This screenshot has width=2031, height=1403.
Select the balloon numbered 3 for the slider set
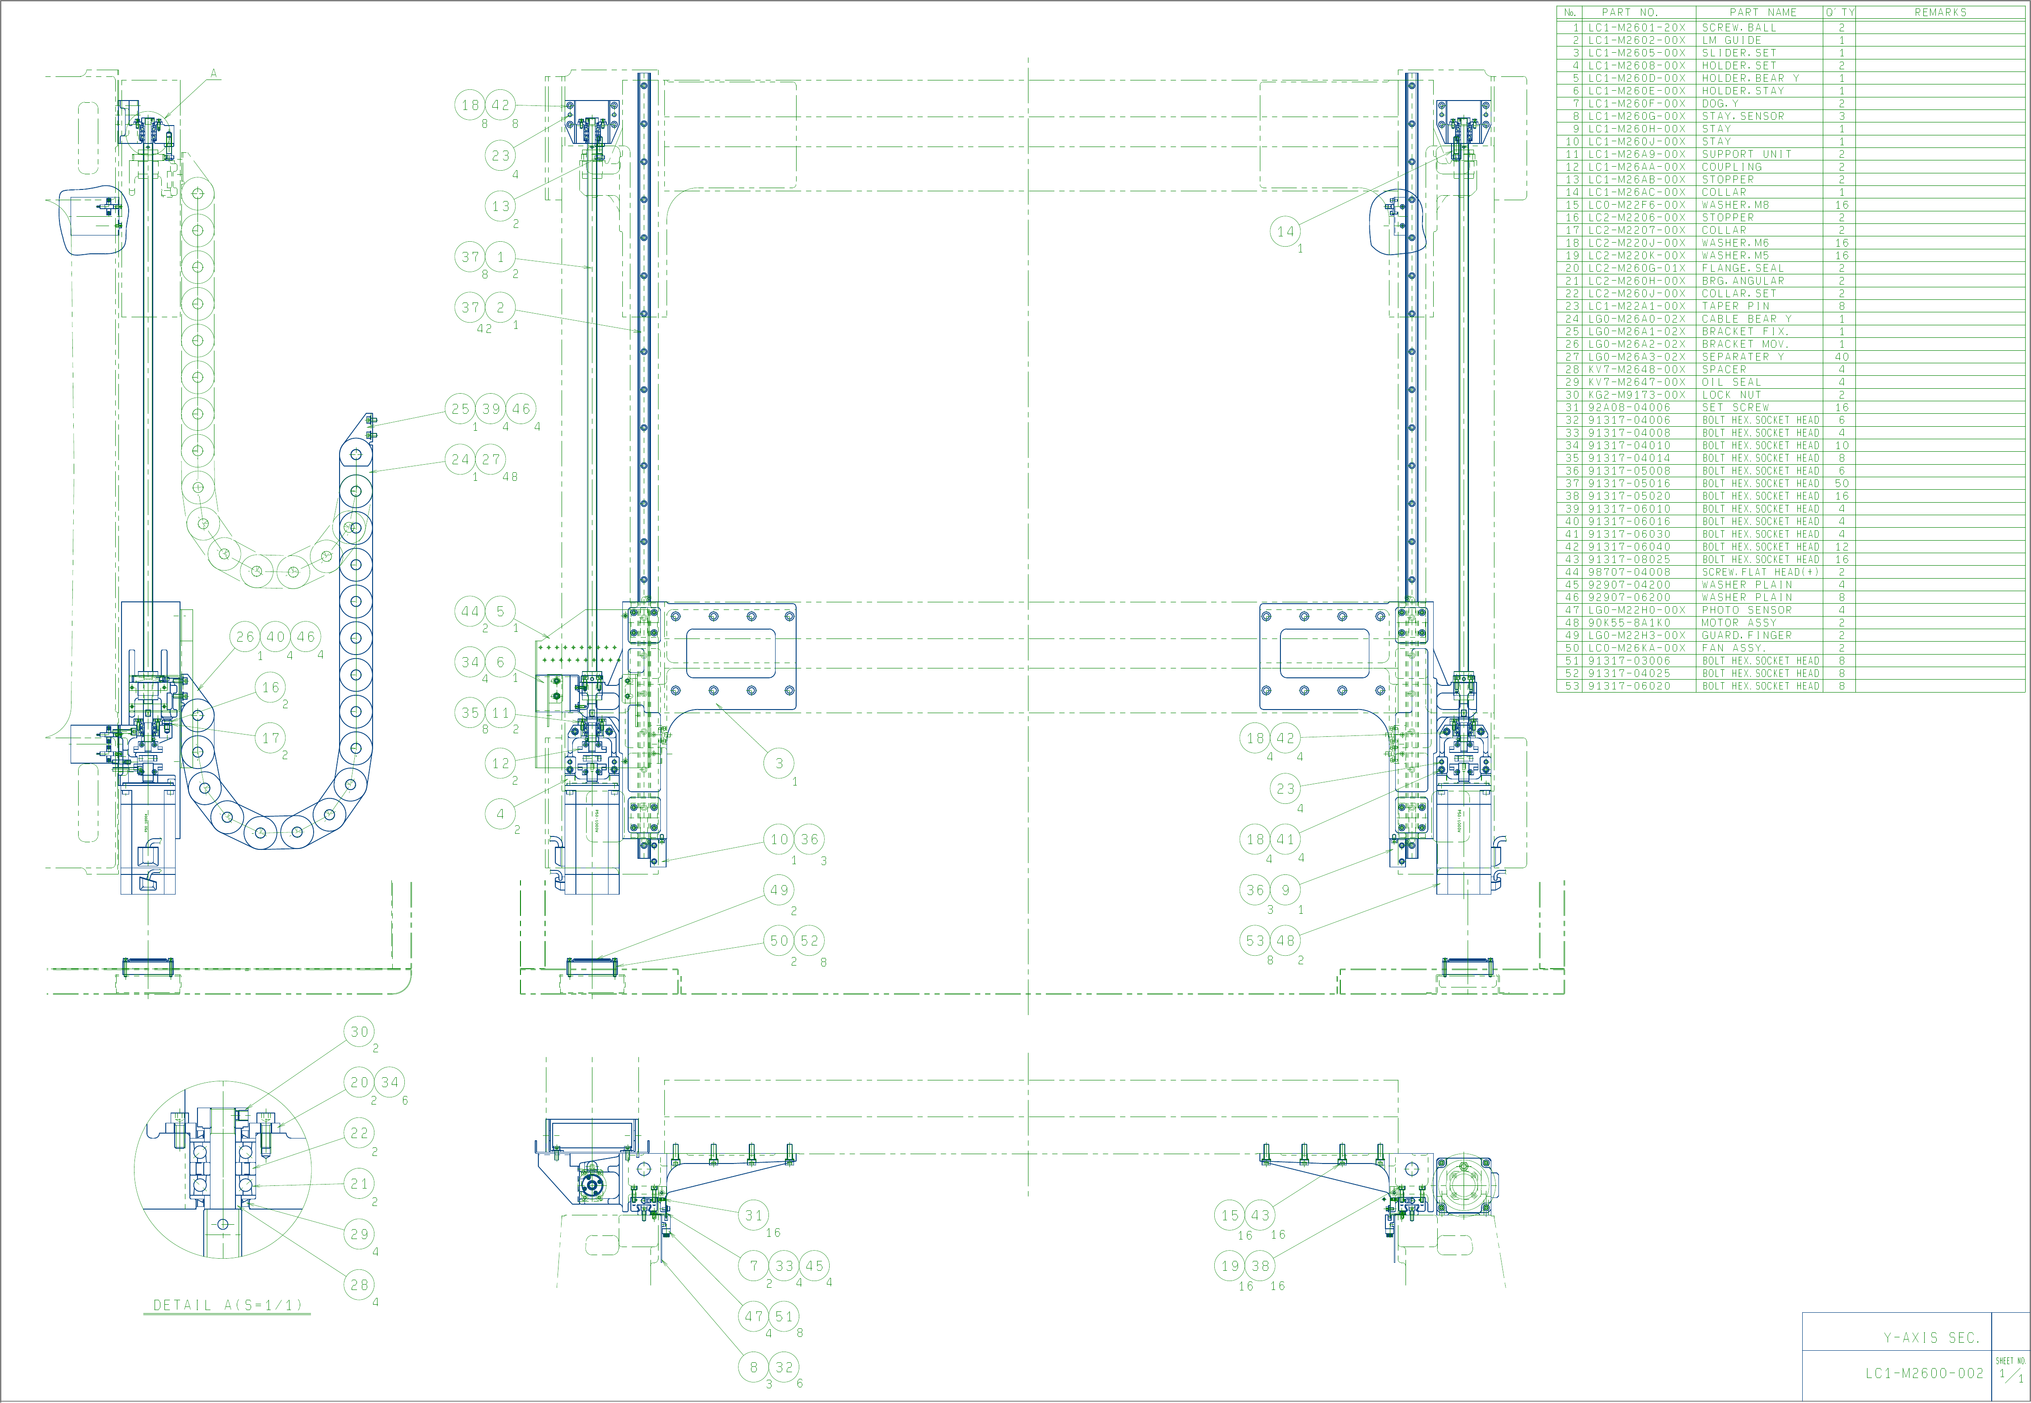(779, 763)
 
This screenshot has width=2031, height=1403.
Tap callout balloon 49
(779, 890)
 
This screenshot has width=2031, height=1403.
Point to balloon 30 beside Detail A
(360, 1032)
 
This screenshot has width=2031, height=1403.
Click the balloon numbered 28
(360, 1284)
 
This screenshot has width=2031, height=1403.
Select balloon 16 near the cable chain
(271, 688)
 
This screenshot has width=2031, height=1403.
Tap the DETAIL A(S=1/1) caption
(227, 1306)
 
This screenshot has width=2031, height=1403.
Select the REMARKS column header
(1939, 13)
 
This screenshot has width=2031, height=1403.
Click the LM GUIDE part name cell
(1731, 41)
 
